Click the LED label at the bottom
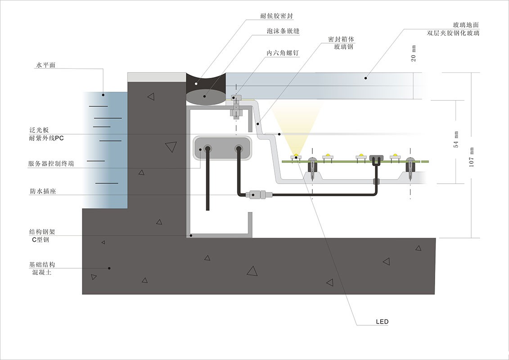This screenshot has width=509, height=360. (382, 322)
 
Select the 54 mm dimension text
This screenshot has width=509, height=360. (456, 139)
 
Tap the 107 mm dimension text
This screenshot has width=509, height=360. (472, 157)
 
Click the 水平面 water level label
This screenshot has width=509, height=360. (45, 65)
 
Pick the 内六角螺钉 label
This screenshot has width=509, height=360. (283, 53)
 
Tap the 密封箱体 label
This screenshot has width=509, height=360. (338, 39)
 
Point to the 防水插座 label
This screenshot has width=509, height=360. (42, 191)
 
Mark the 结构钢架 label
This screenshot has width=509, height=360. (42, 232)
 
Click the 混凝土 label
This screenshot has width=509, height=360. (40, 272)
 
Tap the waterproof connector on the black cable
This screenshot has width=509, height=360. (255, 195)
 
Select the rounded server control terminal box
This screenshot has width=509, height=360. (222, 148)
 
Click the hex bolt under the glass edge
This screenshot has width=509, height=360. (235, 107)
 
